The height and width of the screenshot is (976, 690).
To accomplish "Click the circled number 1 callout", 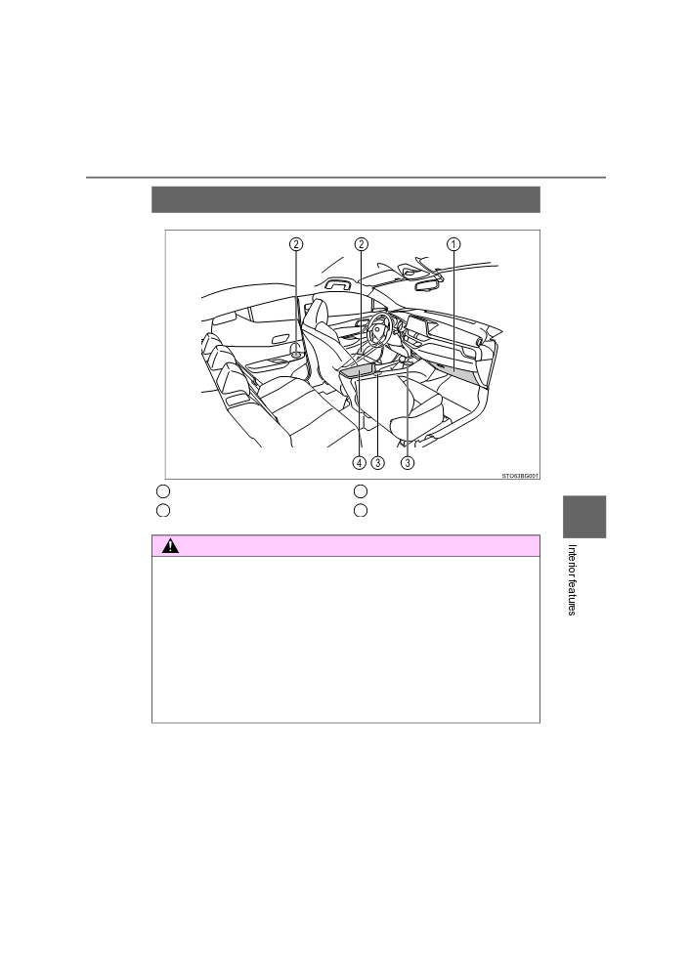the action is [x=453, y=244].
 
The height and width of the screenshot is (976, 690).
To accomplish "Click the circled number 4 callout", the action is [x=359, y=463].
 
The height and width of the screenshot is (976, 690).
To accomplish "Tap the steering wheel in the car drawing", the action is [x=378, y=329].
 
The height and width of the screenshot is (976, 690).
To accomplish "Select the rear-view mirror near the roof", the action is [x=427, y=285].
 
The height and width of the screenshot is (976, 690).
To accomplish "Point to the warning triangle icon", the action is [x=170, y=546].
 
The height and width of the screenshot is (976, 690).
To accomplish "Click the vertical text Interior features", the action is [x=572, y=580].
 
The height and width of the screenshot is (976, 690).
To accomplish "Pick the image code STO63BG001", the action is [x=520, y=476].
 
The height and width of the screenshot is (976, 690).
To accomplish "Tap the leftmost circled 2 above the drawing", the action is [x=296, y=244].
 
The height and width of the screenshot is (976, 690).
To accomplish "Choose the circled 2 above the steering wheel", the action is [x=361, y=244].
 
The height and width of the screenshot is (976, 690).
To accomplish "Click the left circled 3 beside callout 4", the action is [x=377, y=463].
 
